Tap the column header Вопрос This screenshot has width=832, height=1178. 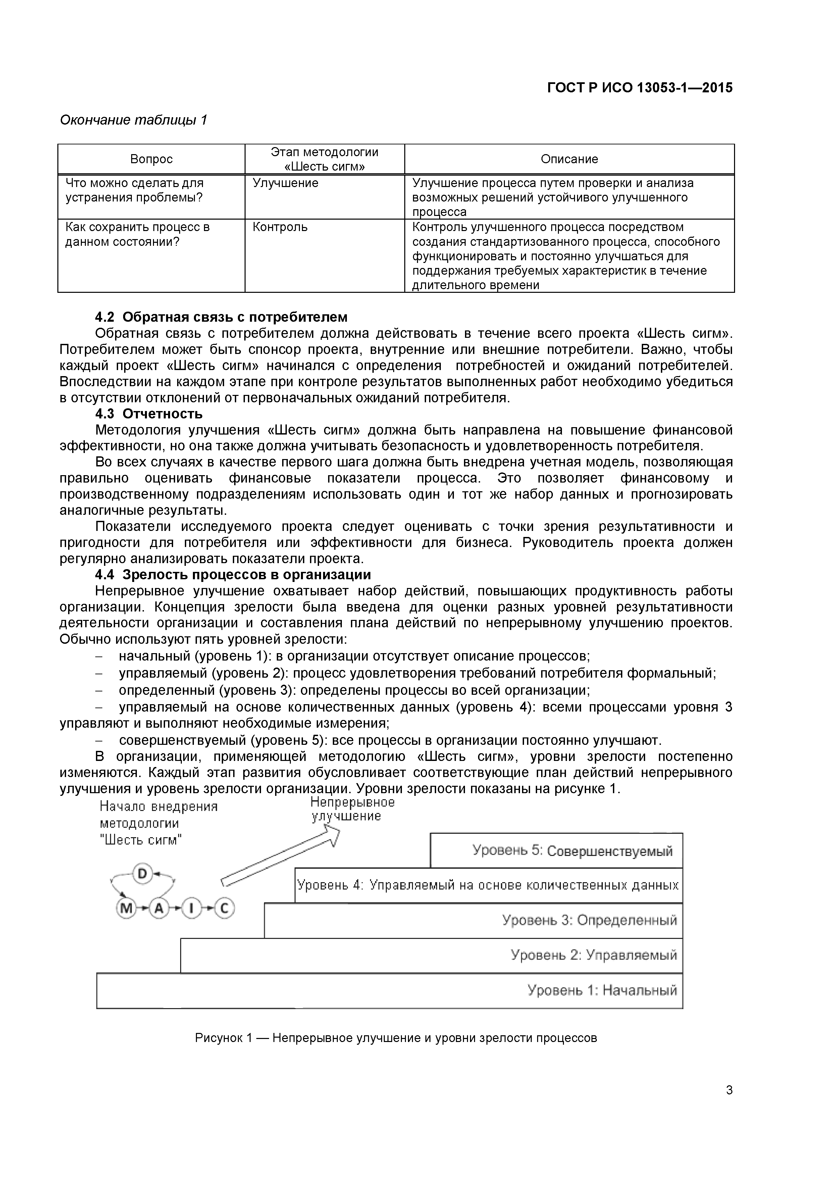(x=151, y=159)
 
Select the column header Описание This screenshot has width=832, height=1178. (x=569, y=159)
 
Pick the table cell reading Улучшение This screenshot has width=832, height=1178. (x=285, y=183)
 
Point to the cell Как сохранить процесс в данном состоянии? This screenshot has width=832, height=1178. (x=138, y=234)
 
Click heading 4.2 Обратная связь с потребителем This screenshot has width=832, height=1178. (x=221, y=317)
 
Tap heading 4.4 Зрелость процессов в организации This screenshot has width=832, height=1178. (x=233, y=575)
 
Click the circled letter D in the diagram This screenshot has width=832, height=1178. (x=143, y=873)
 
